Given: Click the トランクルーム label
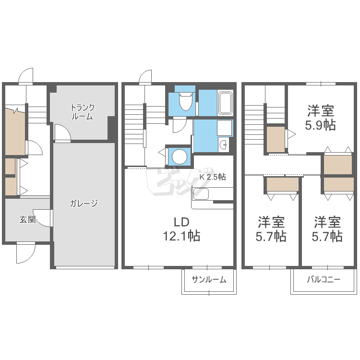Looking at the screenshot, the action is coord(83,112).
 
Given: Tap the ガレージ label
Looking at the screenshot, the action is coord(84,204).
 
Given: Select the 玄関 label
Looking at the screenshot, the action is coord(27,219).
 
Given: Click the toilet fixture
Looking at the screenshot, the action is coord(185,101).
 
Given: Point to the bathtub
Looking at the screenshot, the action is coord(225,103).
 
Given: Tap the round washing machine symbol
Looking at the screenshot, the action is coord(180,157).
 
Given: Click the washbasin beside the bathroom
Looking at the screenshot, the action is coord(223,145).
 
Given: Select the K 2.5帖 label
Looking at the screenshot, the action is coord(213,177).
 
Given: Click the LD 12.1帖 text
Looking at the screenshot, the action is coord(181,229).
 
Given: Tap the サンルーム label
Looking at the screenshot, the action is coord(209,280).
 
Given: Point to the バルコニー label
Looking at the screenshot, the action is coord(324,280).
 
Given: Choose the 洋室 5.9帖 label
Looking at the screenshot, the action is coord(321,118).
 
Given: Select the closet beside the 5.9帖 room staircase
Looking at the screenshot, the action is coord(276,139).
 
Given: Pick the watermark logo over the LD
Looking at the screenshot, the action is coord(177,182).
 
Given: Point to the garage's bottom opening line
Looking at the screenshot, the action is coord(85,267).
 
